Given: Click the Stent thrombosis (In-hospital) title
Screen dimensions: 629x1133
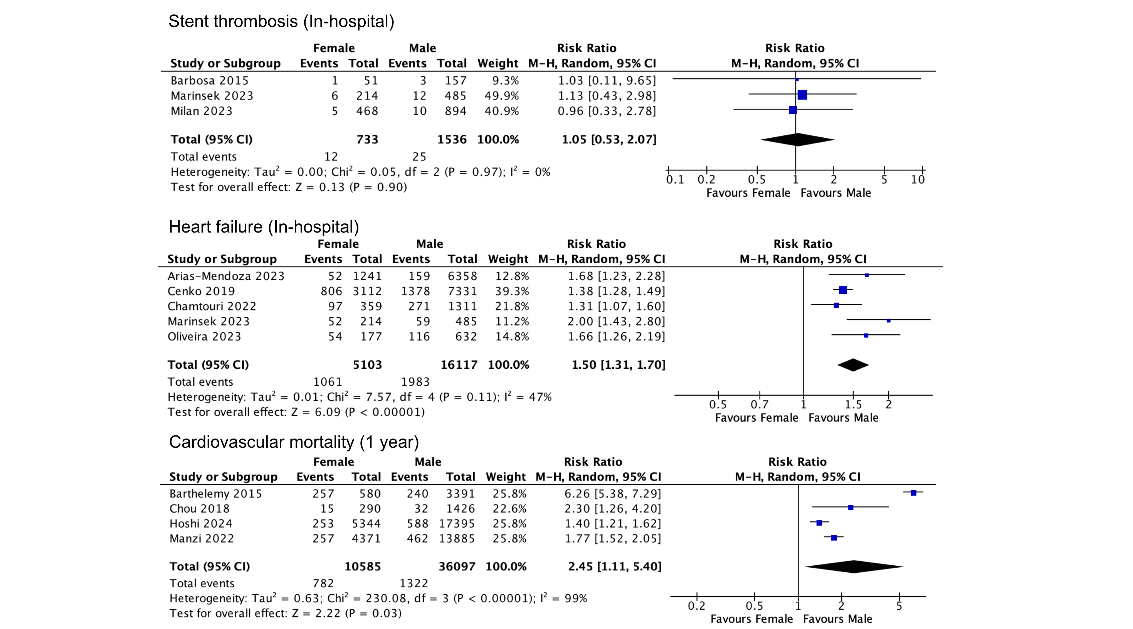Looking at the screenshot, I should click(281, 22).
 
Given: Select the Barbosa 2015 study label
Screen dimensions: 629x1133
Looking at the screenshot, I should click(209, 81).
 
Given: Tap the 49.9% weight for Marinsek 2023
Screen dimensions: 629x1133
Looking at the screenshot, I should click(501, 96).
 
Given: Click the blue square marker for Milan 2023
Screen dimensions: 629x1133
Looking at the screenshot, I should click(793, 110).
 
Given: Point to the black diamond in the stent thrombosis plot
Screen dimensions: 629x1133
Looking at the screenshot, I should click(797, 140).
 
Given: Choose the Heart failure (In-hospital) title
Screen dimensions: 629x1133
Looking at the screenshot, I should click(264, 227).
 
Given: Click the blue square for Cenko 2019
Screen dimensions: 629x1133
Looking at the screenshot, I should click(843, 290).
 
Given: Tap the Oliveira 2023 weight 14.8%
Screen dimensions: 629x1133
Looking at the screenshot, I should click(512, 336).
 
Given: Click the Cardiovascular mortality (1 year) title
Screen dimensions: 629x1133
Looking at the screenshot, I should click(294, 442).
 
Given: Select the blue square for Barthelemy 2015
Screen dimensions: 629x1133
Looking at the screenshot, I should click(913, 492).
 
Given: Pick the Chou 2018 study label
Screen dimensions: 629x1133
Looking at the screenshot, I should click(199, 508).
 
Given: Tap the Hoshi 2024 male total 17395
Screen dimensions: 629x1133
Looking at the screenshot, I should click(457, 523).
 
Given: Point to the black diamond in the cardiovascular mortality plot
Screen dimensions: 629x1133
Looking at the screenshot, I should click(854, 567).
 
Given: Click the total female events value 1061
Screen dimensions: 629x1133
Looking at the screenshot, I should click(327, 382).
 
